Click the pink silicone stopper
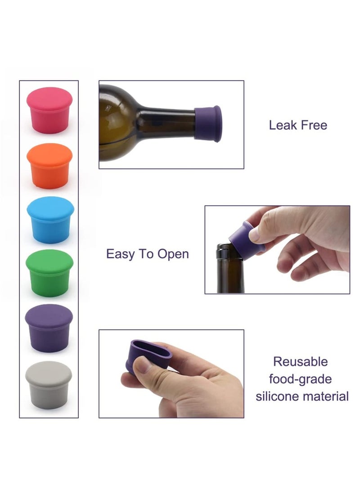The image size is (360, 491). pyautogui.click(x=49, y=110)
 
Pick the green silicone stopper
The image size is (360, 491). pyautogui.click(x=49, y=273)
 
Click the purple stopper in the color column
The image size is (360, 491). pyautogui.click(x=49, y=327)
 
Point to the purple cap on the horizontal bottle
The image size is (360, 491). pyautogui.click(x=208, y=123)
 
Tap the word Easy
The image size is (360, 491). pyautogui.click(x=121, y=254)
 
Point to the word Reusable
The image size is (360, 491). pyautogui.click(x=301, y=361)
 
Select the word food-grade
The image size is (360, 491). pyautogui.click(x=300, y=379)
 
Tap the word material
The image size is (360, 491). pyautogui.click(x=329, y=396)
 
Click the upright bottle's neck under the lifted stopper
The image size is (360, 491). pyautogui.click(x=229, y=270)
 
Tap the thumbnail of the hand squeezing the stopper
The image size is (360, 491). pyautogui.click(x=171, y=374)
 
